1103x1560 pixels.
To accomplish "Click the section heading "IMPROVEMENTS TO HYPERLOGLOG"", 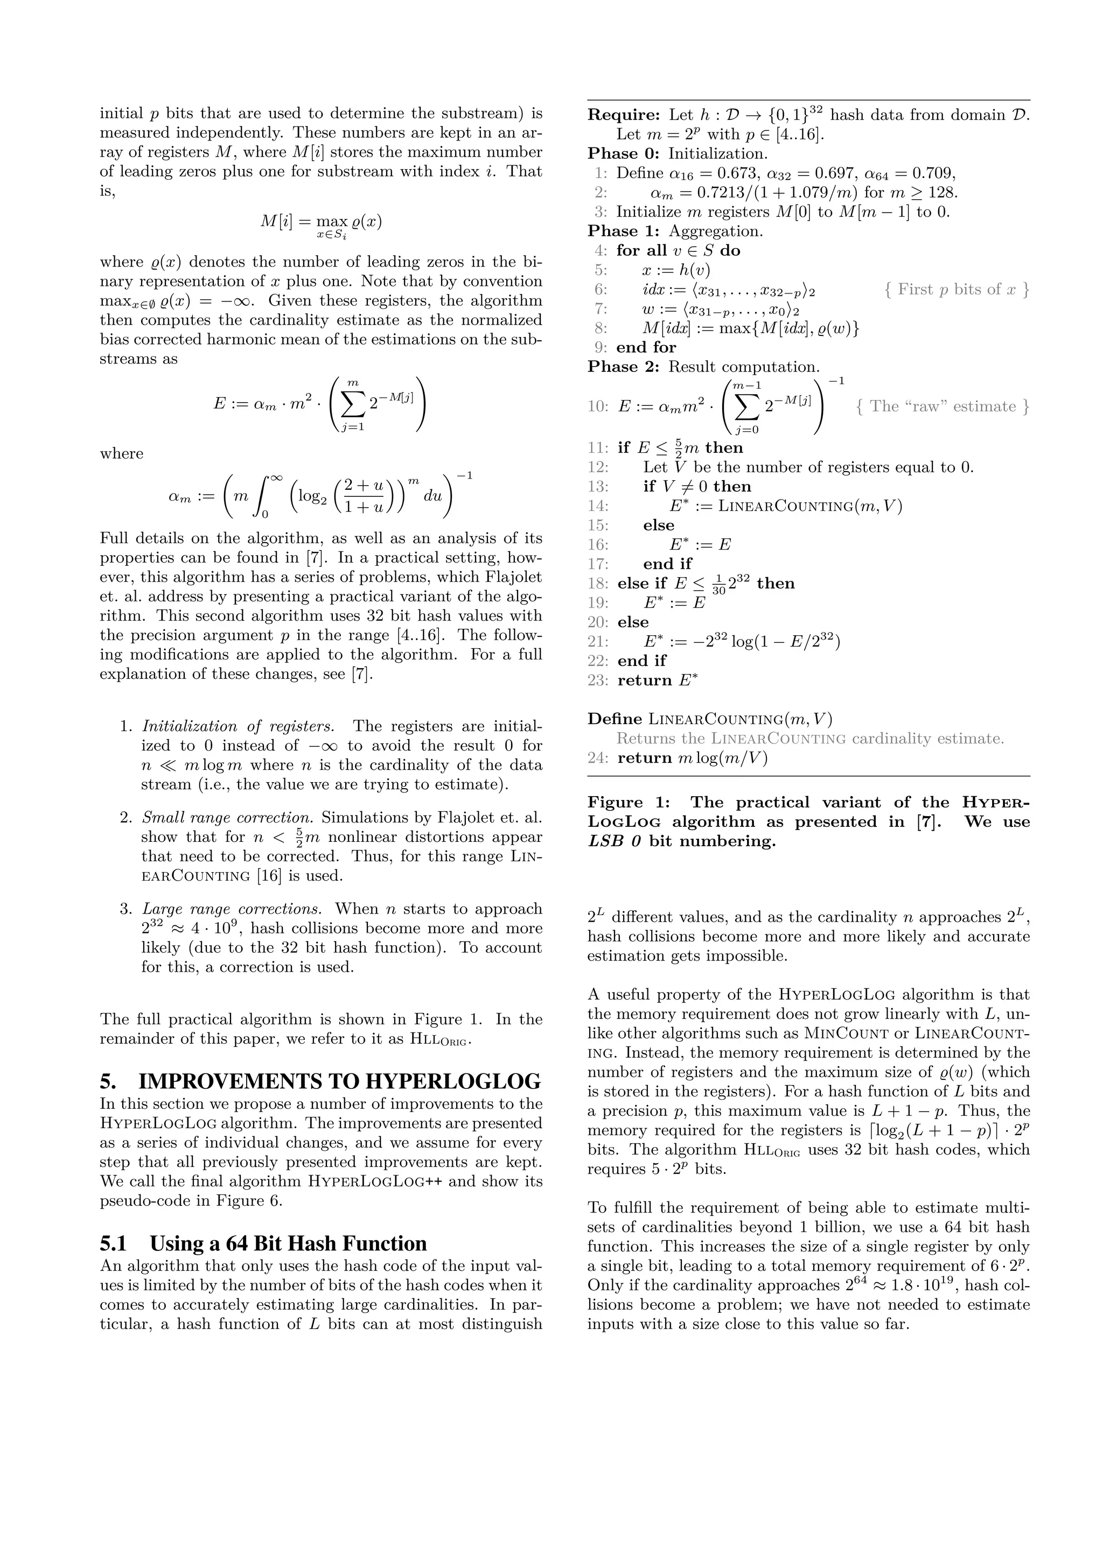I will tap(339, 1080).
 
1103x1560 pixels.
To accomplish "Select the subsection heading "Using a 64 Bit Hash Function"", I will tap(288, 1243).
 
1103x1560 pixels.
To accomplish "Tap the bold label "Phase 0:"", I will tap(625, 153).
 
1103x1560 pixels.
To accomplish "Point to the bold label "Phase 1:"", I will tap(625, 231).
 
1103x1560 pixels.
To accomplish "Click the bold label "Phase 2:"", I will tap(625, 367).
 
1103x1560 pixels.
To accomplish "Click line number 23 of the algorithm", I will tap(598, 680).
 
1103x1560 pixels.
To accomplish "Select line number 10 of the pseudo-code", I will tap(598, 406).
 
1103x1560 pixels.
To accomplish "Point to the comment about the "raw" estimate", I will tap(943, 406).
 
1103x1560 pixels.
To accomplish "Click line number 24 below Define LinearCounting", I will tap(598, 757).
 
